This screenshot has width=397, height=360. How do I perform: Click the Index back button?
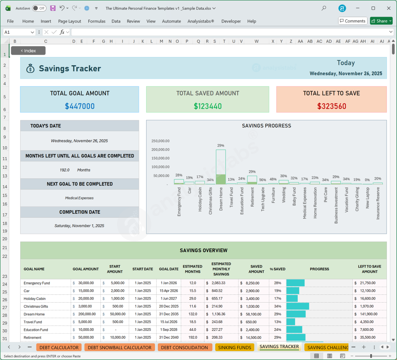pyautogui.click(x=28, y=50)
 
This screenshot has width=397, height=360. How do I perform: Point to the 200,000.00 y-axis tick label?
pyautogui.click(x=160, y=150)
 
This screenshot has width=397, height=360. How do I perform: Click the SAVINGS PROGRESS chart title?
pyautogui.click(x=266, y=126)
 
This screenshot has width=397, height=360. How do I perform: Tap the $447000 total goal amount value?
pyautogui.click(x=79, y=106)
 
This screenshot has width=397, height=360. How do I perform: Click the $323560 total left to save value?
pyautogui.click(x=331, y=106)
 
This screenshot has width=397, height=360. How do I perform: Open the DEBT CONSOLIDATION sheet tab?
pyautogui.click(x=185, y=348)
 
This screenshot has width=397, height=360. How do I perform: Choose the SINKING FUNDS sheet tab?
pyautogui.click(x=235, y=348)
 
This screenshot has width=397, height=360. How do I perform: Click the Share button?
pyautogui.click(x=381, y=21)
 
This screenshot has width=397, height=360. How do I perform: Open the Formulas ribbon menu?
pyautogui.click(x=97, y=21)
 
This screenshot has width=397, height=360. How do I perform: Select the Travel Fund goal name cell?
pyautogui.click(x=33, y=322)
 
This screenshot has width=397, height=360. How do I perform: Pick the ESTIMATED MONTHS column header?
pyautogui.click(x=193, y=269)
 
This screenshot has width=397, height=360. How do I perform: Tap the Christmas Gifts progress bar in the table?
pyautogui.click(x=298, y=306)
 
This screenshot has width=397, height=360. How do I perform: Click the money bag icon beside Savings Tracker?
pyautogui.click(x=31, y=69)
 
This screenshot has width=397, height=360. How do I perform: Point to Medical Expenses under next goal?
pyautogui.click(x=79, y=198)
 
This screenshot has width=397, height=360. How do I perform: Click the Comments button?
pyautogui.click(x=352, y=21)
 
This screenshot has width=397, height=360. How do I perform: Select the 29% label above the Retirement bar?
pyautogui.click(x=252, y=171)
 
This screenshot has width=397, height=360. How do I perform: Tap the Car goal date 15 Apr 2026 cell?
pyautogui.click(x=169, y=291)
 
